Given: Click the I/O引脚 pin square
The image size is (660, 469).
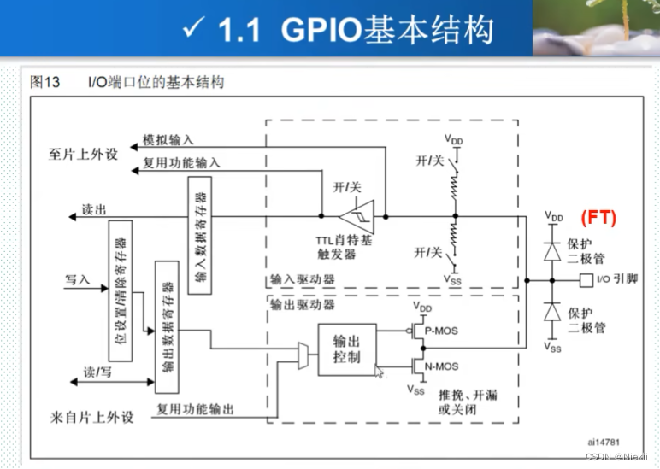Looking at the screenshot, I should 586,279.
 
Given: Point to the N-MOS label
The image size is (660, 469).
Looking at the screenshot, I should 441,366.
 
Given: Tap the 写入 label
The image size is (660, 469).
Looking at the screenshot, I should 77,278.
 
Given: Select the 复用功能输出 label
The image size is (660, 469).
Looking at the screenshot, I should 195,409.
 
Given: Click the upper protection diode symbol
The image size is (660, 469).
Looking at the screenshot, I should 551,253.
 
